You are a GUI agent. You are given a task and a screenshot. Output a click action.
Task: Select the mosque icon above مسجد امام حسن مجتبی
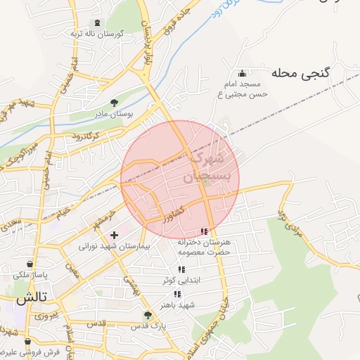[x=242, y=74]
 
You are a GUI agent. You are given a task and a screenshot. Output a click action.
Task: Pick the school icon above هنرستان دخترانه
[x=204, y=231]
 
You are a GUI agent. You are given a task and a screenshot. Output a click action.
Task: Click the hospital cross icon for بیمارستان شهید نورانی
[x=114, y=235]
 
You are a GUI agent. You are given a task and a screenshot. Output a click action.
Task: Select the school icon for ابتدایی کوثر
[x=181, y=269]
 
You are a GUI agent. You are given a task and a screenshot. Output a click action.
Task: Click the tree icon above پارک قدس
[x=148, y=315]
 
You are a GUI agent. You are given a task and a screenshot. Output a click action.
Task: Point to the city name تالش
[x=32, y=297]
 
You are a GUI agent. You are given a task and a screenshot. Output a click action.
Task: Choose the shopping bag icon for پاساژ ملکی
[x=27, y=265]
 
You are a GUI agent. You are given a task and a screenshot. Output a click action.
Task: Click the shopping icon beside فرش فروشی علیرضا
[x=27, y=342]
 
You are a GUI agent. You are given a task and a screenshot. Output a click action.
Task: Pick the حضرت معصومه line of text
[x=204, y=252]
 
